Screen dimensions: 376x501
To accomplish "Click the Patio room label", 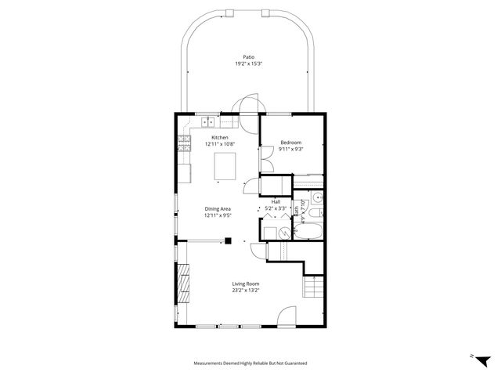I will click(249, 57).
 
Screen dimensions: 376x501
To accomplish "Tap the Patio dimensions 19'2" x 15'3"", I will click(249, 63).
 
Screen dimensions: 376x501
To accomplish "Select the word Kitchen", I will click(219, 138).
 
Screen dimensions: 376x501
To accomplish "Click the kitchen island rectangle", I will click(225, 166).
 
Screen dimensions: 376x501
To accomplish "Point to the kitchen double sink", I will click(207, 121).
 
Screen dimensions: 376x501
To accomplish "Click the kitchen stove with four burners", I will click(185, 143).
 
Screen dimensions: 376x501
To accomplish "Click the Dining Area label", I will click(218, 208).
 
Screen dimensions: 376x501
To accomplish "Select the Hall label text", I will click(276, 202).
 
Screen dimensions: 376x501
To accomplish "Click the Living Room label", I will click(245, 284).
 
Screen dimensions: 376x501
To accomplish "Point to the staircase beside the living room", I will click(313, 290).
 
